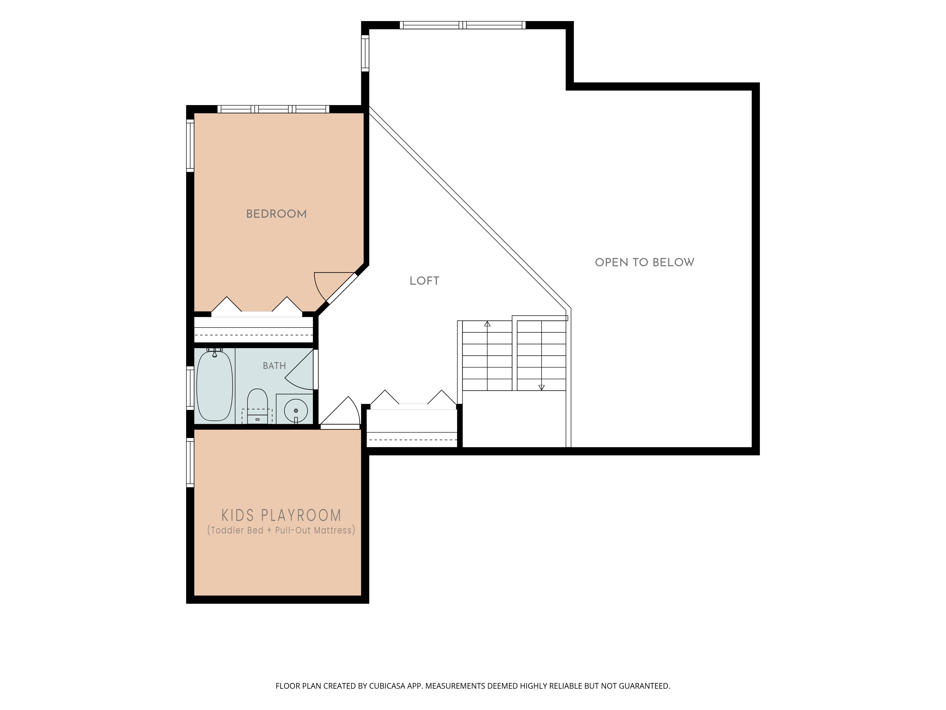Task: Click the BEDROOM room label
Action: coord(276,214)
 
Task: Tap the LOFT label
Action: coord(424,281)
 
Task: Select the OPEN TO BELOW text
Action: coord(644,262)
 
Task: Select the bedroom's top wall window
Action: coord(274,109)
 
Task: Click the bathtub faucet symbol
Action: coord(215,352)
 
